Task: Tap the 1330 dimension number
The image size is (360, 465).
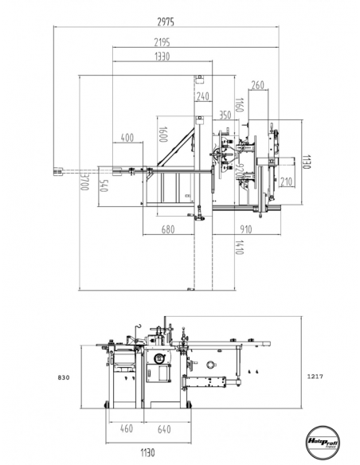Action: tap(162, 57)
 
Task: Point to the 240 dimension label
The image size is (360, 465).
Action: tap(202, 96)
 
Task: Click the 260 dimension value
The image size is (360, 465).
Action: tap(257, 84)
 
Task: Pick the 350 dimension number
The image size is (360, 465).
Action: tap(225, 115)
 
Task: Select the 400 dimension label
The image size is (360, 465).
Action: tap(127, 139)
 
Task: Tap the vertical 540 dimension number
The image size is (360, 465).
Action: tap(103, 189)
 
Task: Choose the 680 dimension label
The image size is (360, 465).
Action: tap(166, 231)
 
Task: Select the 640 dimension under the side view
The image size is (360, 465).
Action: tap(163, 430)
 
